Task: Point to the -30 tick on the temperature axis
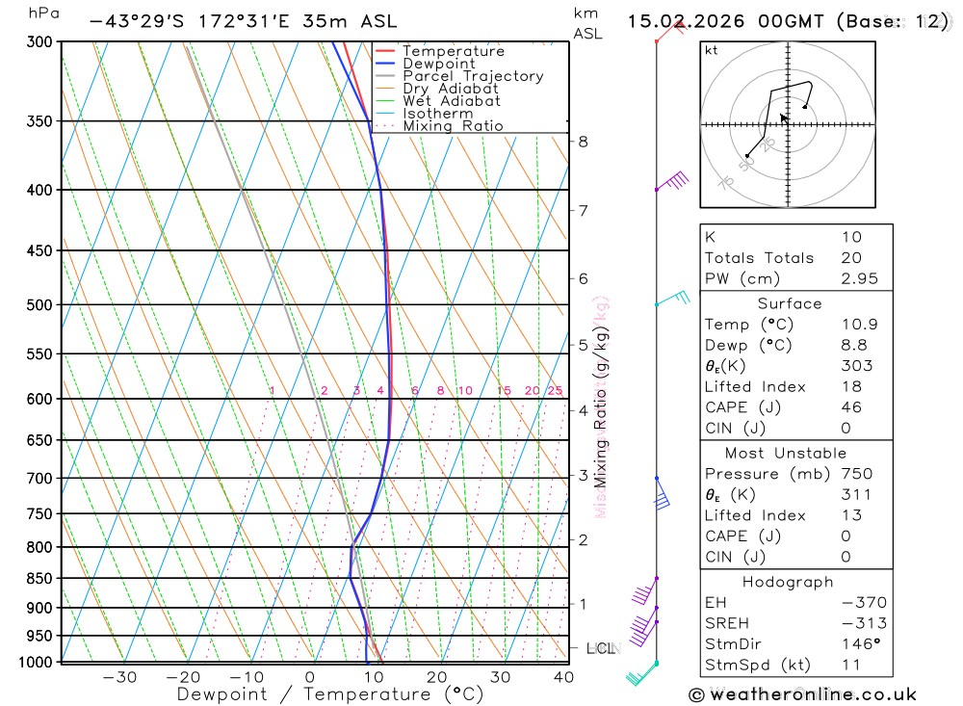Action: [x=119, y=677]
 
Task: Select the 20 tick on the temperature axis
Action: [x=437, y=677]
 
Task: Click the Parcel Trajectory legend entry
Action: [x=473, y=76]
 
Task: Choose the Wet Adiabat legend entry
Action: [x=452, y=101]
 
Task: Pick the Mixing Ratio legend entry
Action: [x=453, y=126]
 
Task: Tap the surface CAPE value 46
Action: [x=851, y=407]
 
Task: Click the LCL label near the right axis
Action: [x=601, y=648]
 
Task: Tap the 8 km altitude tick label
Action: [x=584, y=142]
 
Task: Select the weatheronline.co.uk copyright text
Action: [x=802, y=693]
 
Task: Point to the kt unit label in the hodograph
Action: [x=712, y=51]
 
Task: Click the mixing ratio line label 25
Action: [x=555, y=390]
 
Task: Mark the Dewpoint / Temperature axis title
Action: [x=330, y=694]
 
